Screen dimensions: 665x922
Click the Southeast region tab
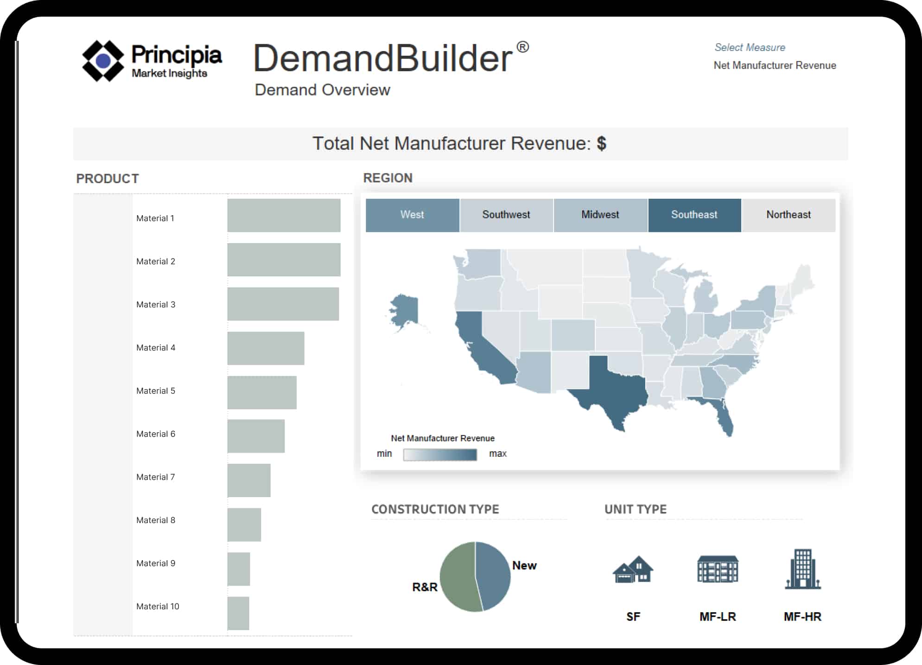(694, 215)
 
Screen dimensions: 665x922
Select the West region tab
(412, 215)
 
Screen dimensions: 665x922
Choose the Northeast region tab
(788, 215)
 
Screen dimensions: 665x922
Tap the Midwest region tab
(600, 215)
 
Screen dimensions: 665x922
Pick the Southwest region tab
(506, 215)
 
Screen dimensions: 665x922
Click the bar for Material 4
(266, 348)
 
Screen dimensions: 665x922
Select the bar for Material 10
(238, 613)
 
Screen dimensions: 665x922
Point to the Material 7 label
(156, 477)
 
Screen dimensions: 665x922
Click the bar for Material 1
(284, 216)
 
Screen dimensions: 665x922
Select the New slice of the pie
(494, 573)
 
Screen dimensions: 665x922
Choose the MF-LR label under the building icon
(718, 617)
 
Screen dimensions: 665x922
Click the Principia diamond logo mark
(103, 61)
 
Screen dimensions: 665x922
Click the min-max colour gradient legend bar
(439, 454)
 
